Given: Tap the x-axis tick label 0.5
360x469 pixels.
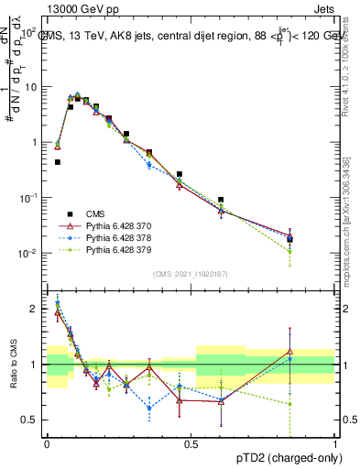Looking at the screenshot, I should (x=191, y=443).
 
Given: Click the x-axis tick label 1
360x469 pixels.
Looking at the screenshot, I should (x=334, y=443).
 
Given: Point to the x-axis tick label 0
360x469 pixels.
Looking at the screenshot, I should (x=47, y=443).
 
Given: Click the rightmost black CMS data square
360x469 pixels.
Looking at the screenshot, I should (x=289, y=239).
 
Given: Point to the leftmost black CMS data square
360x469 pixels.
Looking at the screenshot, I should (x=57, y=162).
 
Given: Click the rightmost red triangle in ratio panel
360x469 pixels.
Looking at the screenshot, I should (x=289, y=351).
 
